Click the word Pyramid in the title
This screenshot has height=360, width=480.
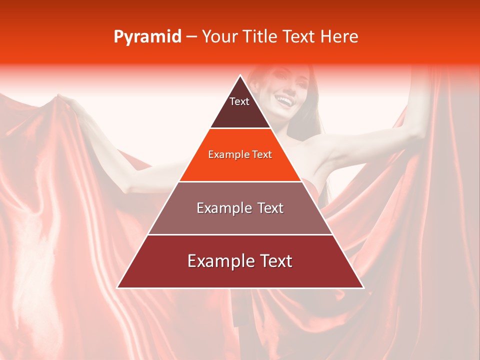tap(147, 37)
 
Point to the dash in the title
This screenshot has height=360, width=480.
tap(191, 37)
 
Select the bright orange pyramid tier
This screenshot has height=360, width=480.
tap(240, 167)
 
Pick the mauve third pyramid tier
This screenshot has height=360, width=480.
tap(240, 220)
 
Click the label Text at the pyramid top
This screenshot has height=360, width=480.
tap(239, 101)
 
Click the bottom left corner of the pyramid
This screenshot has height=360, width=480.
tap(117, 287)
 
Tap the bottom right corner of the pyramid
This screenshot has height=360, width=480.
tap(363, 287)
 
